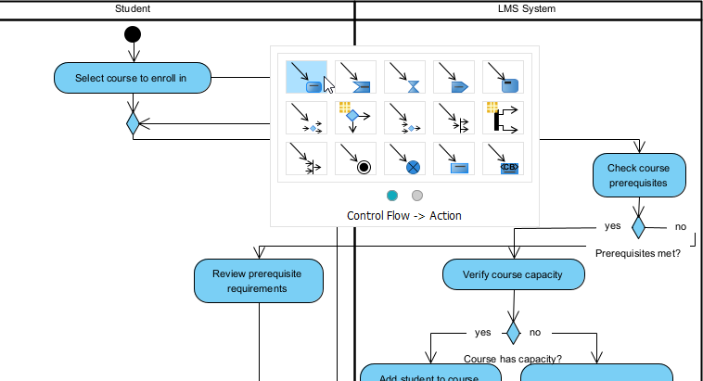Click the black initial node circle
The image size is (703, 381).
tap(133, 35)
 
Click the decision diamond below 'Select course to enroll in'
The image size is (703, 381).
tap(133, 121)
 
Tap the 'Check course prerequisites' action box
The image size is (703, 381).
tap(638, 175)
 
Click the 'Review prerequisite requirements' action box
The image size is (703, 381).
tap(259, 281)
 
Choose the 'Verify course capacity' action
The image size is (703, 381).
tap(513, 274)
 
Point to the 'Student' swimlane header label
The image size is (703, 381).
tap(133, 8)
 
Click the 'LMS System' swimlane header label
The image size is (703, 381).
tap(527, 8)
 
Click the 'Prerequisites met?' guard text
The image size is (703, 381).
tap(637, 253)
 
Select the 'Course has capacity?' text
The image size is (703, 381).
tap(513, 359)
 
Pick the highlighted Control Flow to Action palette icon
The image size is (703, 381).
tap(306, 77)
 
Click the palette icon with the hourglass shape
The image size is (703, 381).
tap(404, 77)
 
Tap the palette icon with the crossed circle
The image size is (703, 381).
tap(404, 158)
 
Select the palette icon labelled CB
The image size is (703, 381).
tap(503, 158)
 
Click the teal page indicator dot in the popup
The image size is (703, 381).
tap(392, 195)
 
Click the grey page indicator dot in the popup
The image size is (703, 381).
tap(417, 195)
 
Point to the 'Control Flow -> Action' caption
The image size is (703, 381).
tap(404, 216)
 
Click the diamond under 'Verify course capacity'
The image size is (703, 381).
tap(513, 332)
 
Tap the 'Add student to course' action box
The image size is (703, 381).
tap(430, 374)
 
